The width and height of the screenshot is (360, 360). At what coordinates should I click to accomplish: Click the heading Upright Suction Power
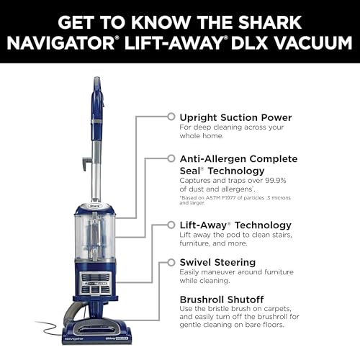coord(235,117)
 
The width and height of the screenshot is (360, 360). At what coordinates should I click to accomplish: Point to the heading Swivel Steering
coord(217,263)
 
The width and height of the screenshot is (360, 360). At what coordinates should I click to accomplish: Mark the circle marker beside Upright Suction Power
coord(171,116)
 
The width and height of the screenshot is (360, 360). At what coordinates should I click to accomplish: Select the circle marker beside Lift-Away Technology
coord(171,225)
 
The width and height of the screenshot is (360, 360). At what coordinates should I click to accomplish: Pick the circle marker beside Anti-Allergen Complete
coord(171,157)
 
